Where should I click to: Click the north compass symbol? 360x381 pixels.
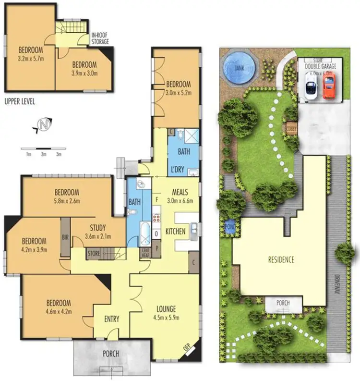[44, 126]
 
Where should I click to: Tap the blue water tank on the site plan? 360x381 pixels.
[239, 68]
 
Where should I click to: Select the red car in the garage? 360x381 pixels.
[328, 86]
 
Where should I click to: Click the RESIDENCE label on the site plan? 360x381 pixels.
[281, 260]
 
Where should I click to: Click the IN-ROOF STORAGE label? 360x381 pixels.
[100, 39]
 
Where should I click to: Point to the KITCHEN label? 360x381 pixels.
[176, 232]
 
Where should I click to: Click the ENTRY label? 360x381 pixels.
[111, 319]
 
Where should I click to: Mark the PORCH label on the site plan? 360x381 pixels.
[284, 304]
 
